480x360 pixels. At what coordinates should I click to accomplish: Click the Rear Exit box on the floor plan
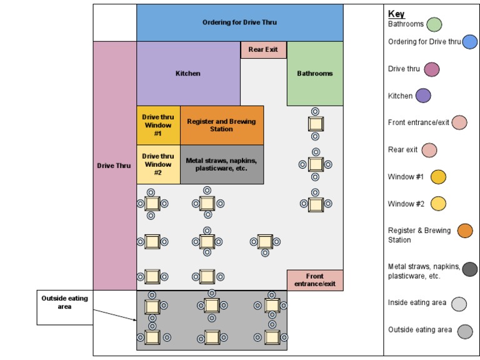click(263, 50)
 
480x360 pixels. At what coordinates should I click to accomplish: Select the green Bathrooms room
click(315, 74)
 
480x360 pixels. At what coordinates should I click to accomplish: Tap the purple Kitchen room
click(188, 74)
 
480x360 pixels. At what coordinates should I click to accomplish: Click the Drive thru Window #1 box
click(158, 125)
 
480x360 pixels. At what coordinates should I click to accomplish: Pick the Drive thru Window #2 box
click(158, 164)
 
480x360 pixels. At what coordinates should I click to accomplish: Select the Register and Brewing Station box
click(222, 125)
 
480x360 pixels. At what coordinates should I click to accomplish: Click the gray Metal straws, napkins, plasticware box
click(222, 164)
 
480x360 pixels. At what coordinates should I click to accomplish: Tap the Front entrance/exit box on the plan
click(315, 280)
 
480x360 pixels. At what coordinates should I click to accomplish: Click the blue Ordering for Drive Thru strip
click(239, 22)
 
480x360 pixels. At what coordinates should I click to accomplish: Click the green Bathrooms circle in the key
click(434, 24)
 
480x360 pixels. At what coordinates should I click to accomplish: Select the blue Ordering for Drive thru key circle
click(470, 42)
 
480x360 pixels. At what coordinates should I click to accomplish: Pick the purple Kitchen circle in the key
click(423, 96)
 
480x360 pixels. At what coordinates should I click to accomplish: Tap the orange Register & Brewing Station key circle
click(465, 231)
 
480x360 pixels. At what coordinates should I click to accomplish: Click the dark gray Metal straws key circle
click(470, 269)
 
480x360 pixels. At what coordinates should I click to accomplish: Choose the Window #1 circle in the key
click(438, 177)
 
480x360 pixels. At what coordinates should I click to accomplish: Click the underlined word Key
click(396, 14)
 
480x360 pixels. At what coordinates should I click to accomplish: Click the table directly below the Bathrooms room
click(315, 123)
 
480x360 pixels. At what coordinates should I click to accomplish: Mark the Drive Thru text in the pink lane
click(114, 166)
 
